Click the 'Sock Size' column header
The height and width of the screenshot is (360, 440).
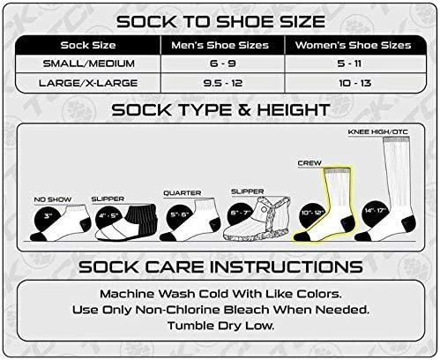[x=88, y=45]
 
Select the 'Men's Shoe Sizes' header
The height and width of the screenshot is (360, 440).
[x=220, y=45]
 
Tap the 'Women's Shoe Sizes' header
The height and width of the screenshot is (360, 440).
[x=353, y=45]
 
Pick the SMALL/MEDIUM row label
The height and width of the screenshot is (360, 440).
[x=89, y=64]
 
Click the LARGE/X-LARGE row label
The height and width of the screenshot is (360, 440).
[x=88, y=83]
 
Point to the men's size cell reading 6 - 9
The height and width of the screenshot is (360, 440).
[x=223, y=64]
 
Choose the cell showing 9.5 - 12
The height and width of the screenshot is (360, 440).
[x=223, y=83]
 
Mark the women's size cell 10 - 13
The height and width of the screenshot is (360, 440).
[x=354, y=83]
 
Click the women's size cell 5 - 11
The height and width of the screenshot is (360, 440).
[x=349, y=64]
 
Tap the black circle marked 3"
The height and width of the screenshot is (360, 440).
[x=48, y=218]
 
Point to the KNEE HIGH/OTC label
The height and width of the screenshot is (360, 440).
[x=378, y=132]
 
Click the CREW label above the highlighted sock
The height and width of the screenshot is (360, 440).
[x=309, y=163]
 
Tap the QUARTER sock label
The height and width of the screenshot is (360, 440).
[x=183, y=193]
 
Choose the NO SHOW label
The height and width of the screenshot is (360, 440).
[x=53, y=199]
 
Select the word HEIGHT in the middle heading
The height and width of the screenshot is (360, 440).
[x=294, y=110]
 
